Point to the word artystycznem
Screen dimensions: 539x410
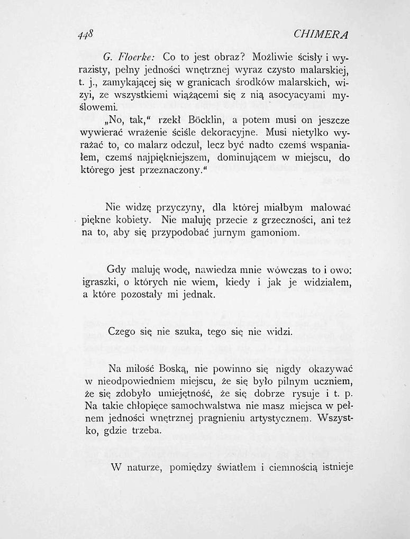(276, 419)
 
